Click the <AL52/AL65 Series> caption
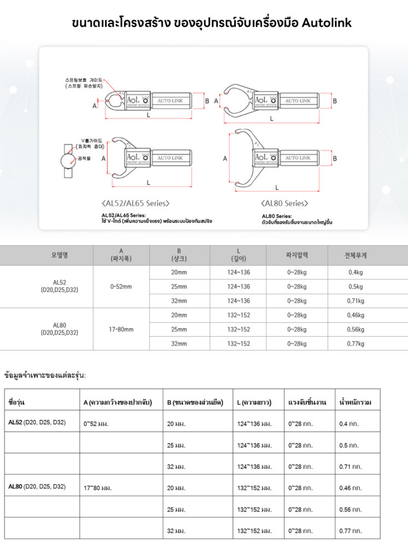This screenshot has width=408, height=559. pyautogui.click(x=135, y=203)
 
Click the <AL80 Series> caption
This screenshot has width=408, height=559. pyautogui.click(x=285, y=203)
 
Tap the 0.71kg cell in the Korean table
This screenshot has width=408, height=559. pyautogui.click(x=356, y=301)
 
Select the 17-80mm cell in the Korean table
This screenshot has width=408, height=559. pyautogui.click(x=121, y=329)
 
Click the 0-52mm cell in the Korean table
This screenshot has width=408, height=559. pyautogui.click(x=121, y=287)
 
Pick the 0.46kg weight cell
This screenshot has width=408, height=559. pyautogui.click(x=356, y=315)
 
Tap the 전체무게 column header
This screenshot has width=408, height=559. pyautogui.click(x=356, y=255)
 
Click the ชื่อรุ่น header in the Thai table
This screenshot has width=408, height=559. pyautogui.click(x=17, y=402)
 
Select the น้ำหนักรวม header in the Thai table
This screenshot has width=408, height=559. pyautogui.click(x=356, y=402)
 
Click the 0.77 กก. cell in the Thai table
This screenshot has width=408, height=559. pyautogui.click(x=350, y=531)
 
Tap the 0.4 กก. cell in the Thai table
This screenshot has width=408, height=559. pyautogui.click(x=348, y=424)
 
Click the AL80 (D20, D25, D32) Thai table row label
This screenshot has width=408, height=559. pyautogui.click(x=37, y=486)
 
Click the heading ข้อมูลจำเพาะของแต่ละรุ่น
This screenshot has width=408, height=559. pyautogui.click(x=45, y=376)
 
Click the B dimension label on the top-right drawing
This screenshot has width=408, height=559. pyautogui.click(x=335, y=101)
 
